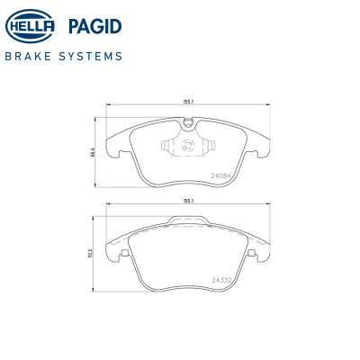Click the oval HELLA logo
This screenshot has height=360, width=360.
pos(30,26)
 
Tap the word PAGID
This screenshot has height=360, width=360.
pos(94,26)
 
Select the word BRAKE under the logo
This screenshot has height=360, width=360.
pos(28,56)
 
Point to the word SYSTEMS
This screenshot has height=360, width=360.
pos(91,56)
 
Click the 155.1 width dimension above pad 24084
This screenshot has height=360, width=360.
pos(188,102)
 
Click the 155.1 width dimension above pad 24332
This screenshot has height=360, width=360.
pos(188,201)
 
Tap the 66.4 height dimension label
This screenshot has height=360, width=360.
pos(94,152)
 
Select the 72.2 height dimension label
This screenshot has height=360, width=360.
pos(93,254)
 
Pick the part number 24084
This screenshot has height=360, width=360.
pos(220,176)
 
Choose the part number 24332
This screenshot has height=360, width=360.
pos(221,280)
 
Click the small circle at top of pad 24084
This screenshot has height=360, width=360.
pos(188,122)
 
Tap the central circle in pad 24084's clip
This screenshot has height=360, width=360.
pos(188,145)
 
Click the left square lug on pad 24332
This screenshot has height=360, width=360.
pos(124,253)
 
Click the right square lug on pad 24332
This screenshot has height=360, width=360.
pos(252,253)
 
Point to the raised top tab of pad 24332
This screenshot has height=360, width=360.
pos(188,220)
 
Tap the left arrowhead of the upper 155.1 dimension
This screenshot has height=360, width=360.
pos(109,104)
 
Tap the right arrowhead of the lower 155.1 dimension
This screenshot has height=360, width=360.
pos(267,204)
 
